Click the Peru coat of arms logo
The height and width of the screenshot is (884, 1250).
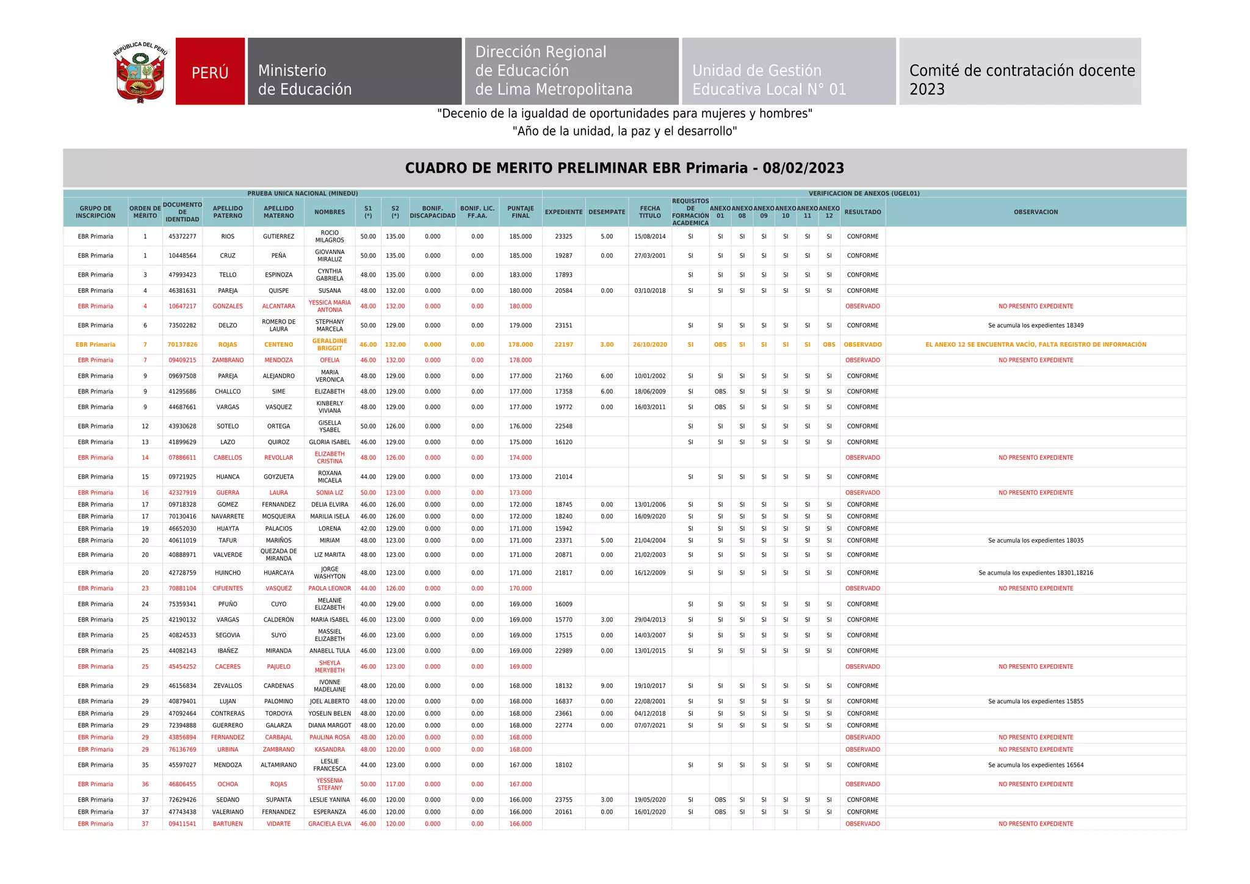(140, 72)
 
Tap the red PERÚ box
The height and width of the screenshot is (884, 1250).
(210, 72)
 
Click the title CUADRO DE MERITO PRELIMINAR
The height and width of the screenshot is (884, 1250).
(624, 168)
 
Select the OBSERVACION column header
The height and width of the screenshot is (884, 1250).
(1035, 212)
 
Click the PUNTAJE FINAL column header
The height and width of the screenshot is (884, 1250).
(520, 212)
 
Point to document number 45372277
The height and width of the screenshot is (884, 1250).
(182, 236)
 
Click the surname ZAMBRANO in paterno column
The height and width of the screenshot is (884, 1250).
(228, 360)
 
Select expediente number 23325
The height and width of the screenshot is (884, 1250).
(563, 236)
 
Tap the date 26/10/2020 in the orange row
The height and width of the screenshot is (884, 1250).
(649, 344)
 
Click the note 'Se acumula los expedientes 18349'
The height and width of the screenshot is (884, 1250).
(1035, 325)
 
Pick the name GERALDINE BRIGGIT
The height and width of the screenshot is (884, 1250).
(330, 344)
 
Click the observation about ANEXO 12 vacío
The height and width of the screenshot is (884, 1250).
(1035, 344)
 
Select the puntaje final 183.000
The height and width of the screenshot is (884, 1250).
(520, 275)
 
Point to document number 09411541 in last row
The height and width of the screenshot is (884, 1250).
(182, 824)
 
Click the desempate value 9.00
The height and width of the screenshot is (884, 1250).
(606, 686)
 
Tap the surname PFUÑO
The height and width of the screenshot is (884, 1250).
(228, 604)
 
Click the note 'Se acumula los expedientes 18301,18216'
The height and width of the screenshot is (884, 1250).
(1035, 573)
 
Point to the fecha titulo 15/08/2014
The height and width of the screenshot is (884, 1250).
(649, 236)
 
